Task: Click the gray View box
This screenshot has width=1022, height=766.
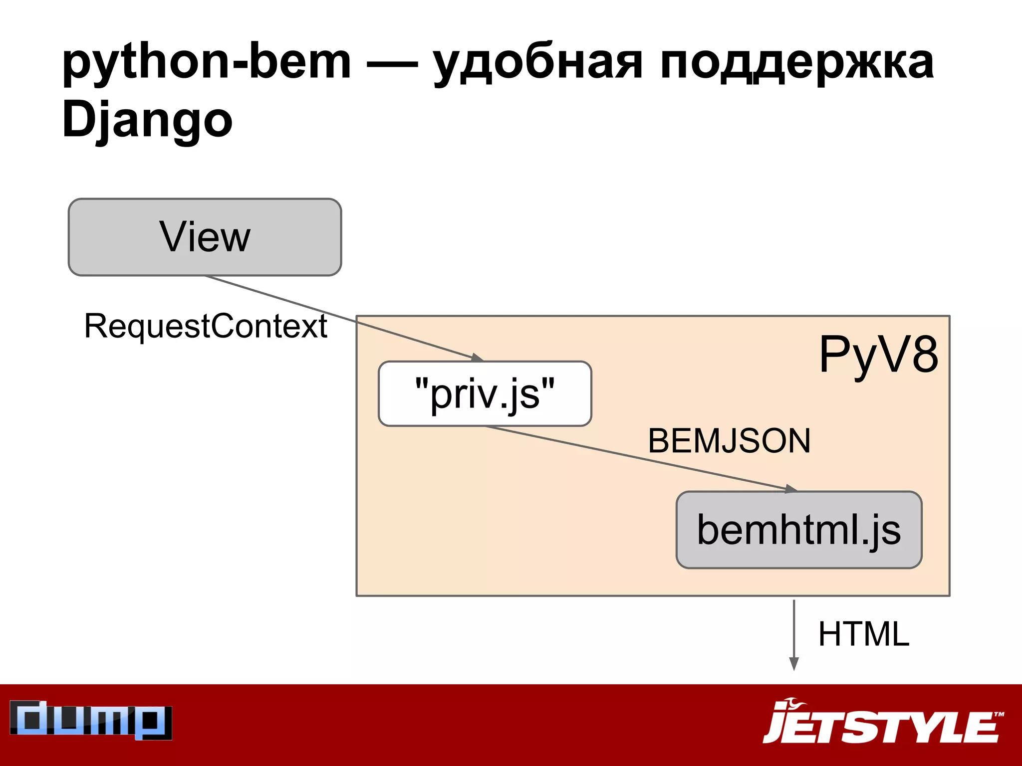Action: [205, 237]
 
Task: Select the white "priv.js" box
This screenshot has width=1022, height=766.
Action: [485, 393]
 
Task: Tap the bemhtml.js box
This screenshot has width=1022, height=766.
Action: [798, 530]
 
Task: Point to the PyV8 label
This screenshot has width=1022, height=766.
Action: [878, 355]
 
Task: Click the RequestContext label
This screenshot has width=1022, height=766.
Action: [206, 326]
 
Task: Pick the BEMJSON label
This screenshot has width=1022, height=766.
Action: [729, 441]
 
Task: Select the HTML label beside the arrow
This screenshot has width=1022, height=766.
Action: [864, 634]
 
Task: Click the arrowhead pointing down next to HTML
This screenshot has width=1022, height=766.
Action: [794, 664]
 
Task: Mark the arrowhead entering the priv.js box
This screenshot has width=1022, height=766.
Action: [477, 358]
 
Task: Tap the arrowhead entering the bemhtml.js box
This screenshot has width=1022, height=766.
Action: [790, 489]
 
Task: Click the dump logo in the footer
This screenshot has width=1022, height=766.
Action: [91, 720]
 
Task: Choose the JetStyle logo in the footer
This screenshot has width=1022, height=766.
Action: [883, 722]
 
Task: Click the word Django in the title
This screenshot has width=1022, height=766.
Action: [147, 120]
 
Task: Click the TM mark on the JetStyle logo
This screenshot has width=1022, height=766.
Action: [999, 715]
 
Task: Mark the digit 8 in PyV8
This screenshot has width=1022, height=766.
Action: [923, 355]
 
